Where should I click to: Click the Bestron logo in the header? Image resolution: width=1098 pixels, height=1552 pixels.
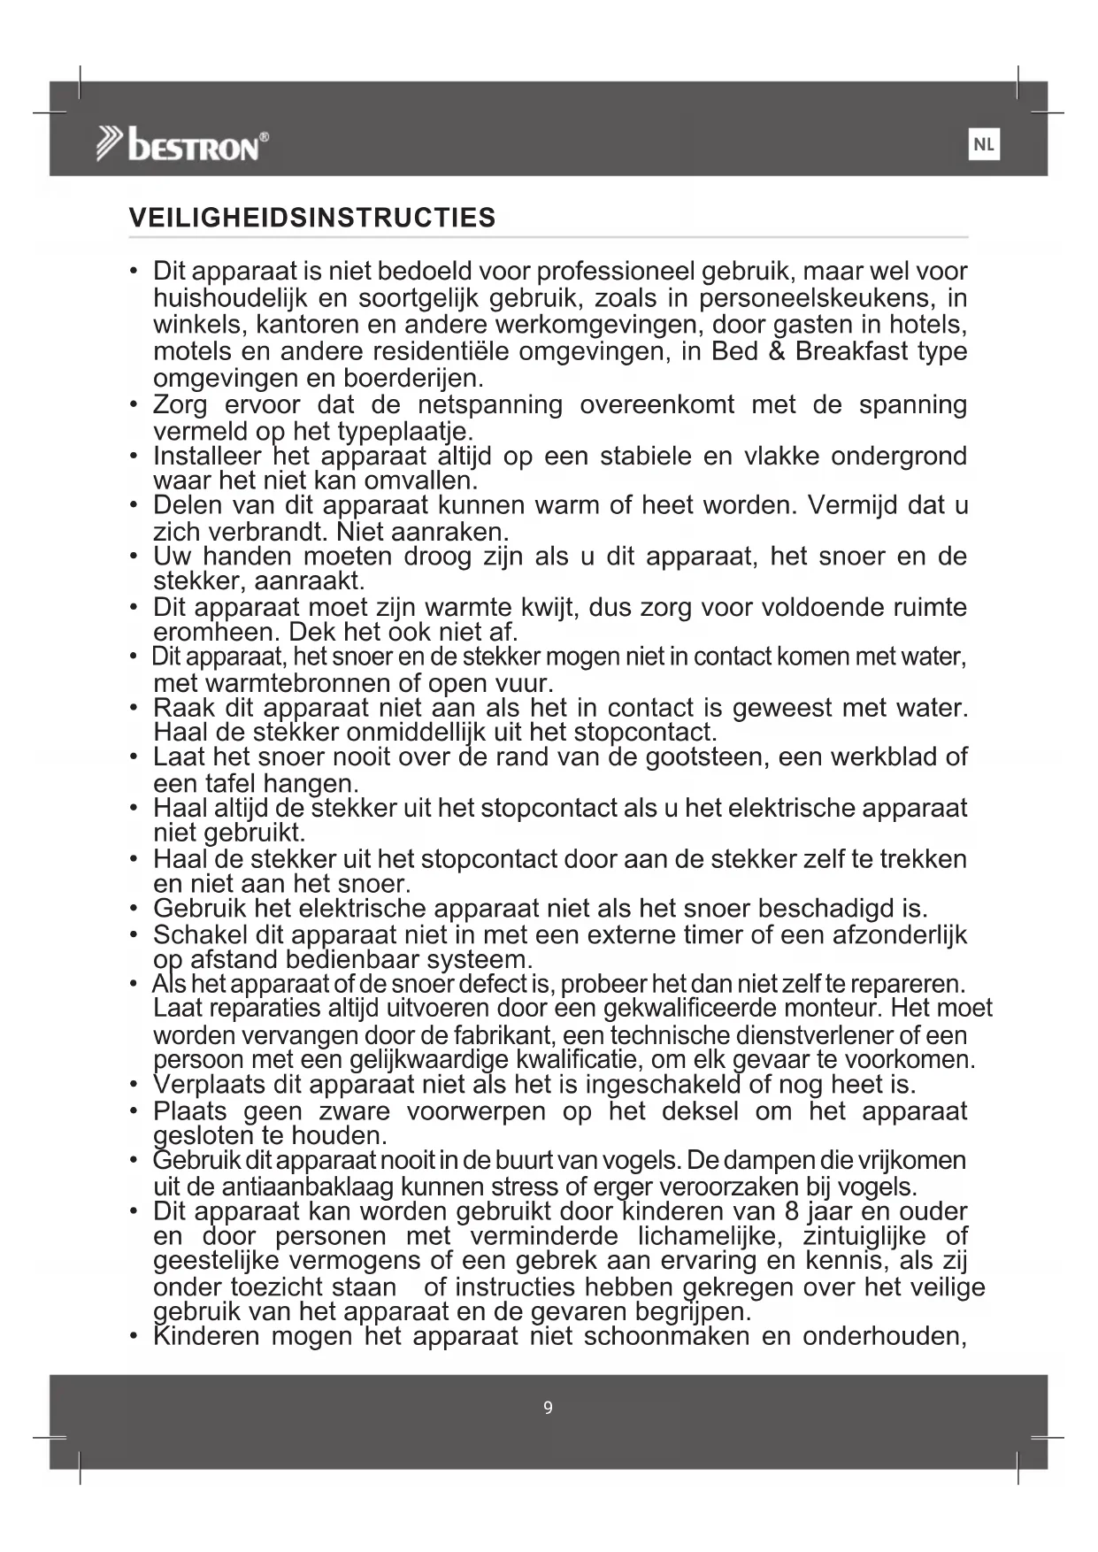point(182,144)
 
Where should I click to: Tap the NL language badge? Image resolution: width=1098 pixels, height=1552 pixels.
point(984,144)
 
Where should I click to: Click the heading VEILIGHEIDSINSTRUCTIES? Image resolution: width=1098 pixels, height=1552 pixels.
point(312,218)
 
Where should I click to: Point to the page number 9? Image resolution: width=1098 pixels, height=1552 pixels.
point(548,1408)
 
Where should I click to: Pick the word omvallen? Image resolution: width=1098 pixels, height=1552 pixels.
point(420,480)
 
